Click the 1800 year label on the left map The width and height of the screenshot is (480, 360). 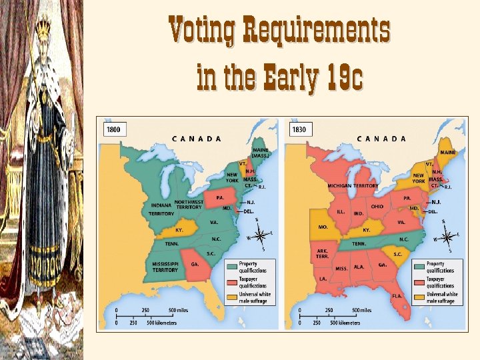(x=113, y=129)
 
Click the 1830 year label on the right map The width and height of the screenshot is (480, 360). (x=299, y=129)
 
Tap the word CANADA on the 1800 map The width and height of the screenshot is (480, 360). (x=197, y=139)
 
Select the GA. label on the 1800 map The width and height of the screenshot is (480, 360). (x=195, y=264)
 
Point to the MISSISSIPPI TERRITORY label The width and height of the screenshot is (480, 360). (x=165, y=267)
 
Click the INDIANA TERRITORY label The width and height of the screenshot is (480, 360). (x=161, y=209)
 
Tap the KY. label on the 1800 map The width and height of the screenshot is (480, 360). (x=179, y=229)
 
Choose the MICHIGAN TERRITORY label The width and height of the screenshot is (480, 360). (x=353, y=186)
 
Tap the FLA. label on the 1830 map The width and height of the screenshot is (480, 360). (x=397, y=295)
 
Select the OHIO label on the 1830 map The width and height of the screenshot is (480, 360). (x=377, y=207)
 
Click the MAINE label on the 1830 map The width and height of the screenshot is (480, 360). (x=448, y=152)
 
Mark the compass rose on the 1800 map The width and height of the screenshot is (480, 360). (x=263, y=235)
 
